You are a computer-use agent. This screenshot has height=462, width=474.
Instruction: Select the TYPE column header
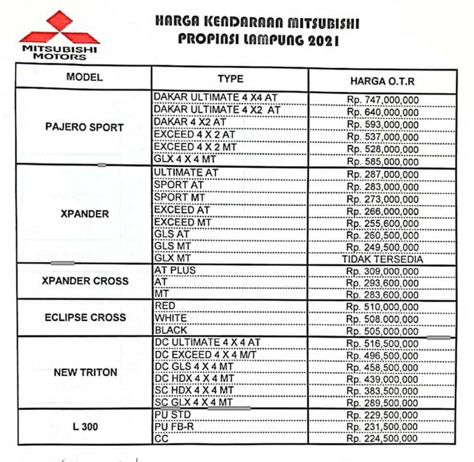point(230,79)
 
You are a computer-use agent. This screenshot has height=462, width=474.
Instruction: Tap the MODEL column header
point(84,77)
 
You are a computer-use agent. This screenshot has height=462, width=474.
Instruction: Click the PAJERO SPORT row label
point(84,127)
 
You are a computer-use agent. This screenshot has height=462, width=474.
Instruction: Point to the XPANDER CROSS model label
point(85,281)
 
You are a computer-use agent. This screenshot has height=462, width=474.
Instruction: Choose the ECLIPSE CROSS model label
point(85,317)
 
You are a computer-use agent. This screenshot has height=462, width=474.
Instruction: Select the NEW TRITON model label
point(85,372)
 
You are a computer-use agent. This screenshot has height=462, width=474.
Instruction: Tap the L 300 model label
point(85,426)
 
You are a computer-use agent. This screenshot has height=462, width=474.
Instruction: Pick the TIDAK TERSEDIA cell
point(382,259)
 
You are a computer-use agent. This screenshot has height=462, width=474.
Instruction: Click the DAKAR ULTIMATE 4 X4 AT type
point(216,97)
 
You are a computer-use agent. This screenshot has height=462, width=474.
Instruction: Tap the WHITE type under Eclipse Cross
point(171,318)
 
